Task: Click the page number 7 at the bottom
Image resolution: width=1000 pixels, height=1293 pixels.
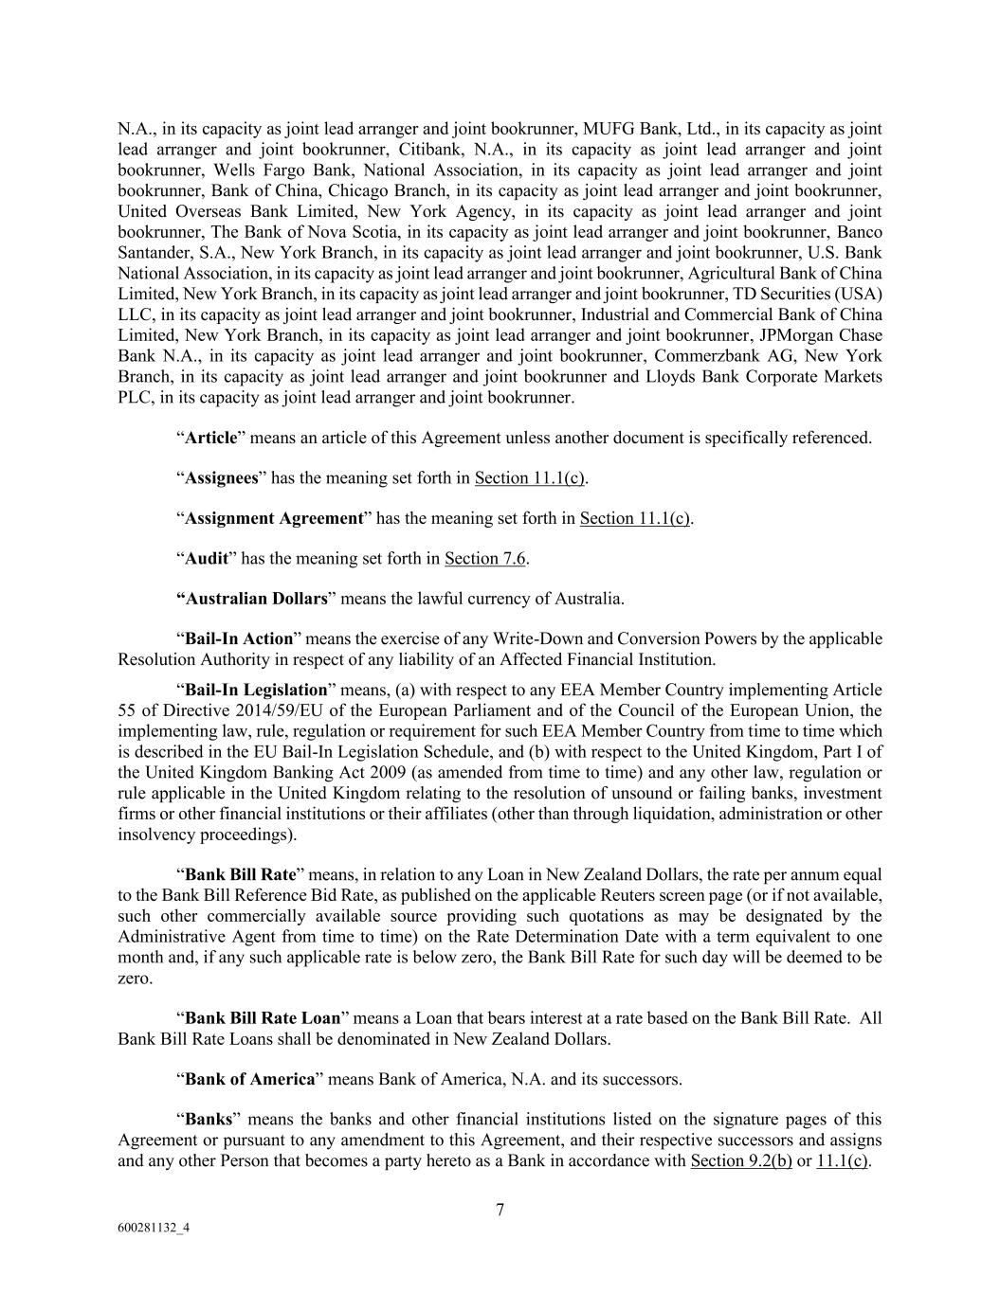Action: (x=500, y=1209)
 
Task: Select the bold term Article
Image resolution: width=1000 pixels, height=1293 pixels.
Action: (x=210, y=438)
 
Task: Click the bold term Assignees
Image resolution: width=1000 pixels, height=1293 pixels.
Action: (x=221, y=477)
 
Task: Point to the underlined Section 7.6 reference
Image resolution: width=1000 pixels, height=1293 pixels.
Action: (x=485, y=558)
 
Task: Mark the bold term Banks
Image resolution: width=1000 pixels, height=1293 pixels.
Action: (x=209, y=1119)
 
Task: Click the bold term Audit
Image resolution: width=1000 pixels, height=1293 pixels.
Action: (x=207, y=558)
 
